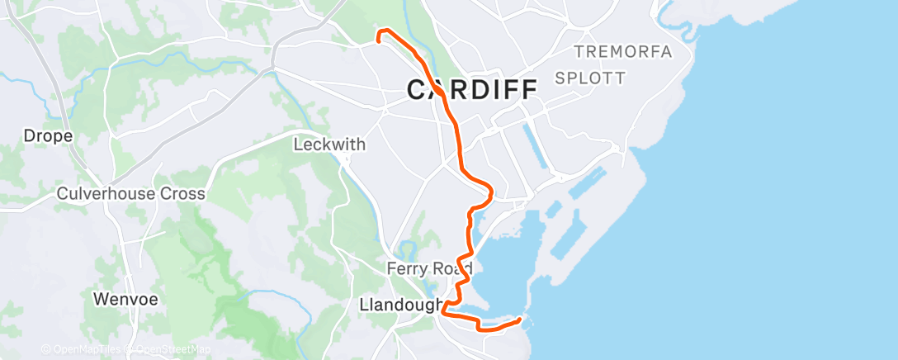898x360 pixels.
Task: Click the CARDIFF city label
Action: tap(472, 88)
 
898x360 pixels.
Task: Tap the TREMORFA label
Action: tap(623, 52)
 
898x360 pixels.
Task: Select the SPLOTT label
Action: tap(590, 78)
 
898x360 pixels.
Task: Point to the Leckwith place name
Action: tap(329, 144)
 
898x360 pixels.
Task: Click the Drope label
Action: tap(48, 135)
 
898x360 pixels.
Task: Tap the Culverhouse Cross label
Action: tap(130, 193)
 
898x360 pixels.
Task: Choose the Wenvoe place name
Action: tap(125, 298)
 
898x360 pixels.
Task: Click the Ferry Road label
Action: tap(429, 269)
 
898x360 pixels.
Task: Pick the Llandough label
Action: tap(402, 305)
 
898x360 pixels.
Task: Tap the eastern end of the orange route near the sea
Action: tap(520, 320)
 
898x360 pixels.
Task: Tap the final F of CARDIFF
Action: tap(527, 88)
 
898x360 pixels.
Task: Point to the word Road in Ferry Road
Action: tap(453, 269)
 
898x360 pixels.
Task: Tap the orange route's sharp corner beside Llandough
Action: tap(445, 311)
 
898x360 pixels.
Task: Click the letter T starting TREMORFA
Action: tap(579, 52)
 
